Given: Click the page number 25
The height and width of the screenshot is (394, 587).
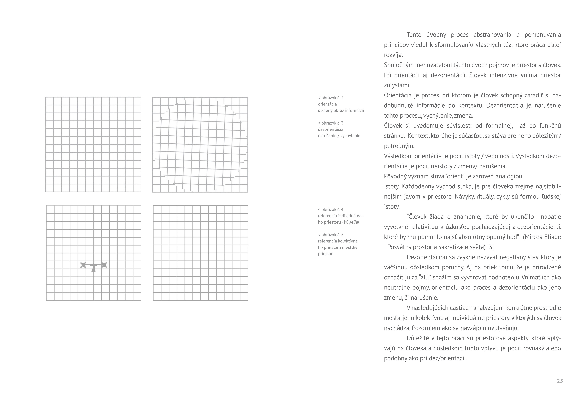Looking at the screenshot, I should [x=560, y=381].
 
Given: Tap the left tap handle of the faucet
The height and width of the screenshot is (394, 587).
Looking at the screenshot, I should [x=83, y=265].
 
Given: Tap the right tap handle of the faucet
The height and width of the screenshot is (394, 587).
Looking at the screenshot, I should [x=104, y=265].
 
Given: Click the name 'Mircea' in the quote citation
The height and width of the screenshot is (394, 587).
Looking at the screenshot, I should [x=533, y=237].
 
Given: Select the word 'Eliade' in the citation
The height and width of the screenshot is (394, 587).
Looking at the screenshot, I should [x=552, y=237].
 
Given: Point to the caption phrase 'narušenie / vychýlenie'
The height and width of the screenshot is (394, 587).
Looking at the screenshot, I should [x=339, y=136].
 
